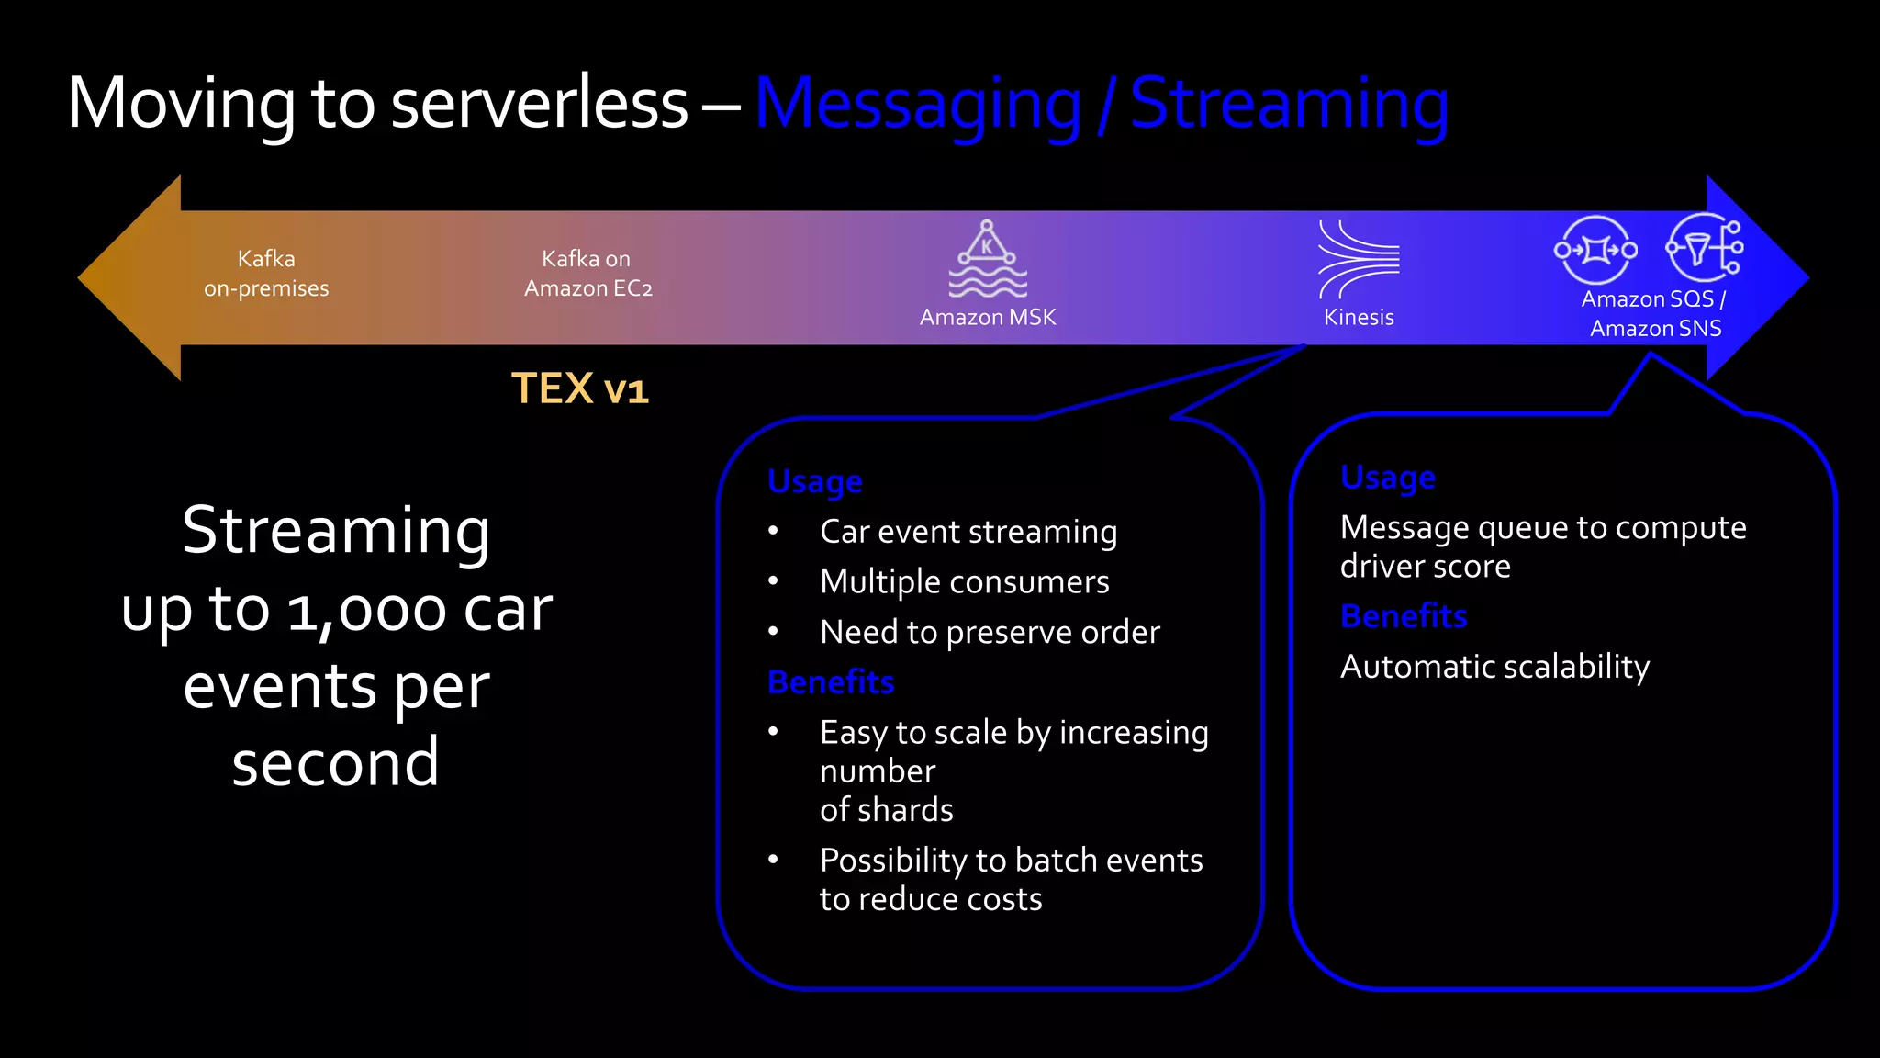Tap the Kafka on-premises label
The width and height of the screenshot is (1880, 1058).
(266, 274)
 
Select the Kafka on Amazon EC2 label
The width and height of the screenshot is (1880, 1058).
(587, 274)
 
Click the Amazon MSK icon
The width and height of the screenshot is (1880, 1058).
(988, 259)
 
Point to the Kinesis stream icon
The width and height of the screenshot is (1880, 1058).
(1359, 259)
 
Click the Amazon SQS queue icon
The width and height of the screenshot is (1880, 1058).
(1595, 250)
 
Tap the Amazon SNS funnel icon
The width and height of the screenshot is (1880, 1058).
(1705, 248)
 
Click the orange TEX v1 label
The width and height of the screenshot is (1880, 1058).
(580, 388)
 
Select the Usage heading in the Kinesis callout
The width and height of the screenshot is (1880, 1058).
(815, 481)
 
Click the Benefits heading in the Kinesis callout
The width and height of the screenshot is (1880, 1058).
(831, 682)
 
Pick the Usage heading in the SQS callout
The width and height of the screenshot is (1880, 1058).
(1388, 478)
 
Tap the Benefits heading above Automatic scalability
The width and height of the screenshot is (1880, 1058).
(1404, 616)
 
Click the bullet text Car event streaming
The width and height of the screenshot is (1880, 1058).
(968, 532)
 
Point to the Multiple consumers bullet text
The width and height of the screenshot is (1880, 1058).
(965, 582)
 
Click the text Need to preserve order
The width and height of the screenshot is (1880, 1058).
(990, 633)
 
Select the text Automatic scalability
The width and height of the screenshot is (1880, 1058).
(1494, 667)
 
